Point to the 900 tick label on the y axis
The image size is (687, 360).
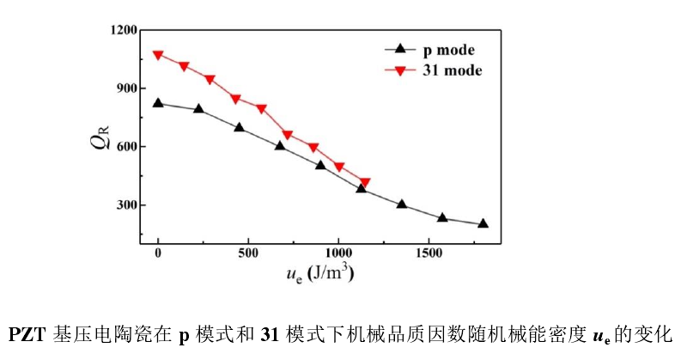pos(125,88)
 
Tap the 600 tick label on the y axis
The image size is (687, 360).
pos(125,147)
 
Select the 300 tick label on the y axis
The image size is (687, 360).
pos(125,205)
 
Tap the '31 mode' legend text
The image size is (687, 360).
pos(452,70)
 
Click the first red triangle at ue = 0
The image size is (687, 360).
pos(158,55)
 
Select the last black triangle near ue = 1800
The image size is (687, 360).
pos(483,223)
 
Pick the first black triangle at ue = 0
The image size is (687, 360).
pos(158,102)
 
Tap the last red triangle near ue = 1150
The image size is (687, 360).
pos(365,182)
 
